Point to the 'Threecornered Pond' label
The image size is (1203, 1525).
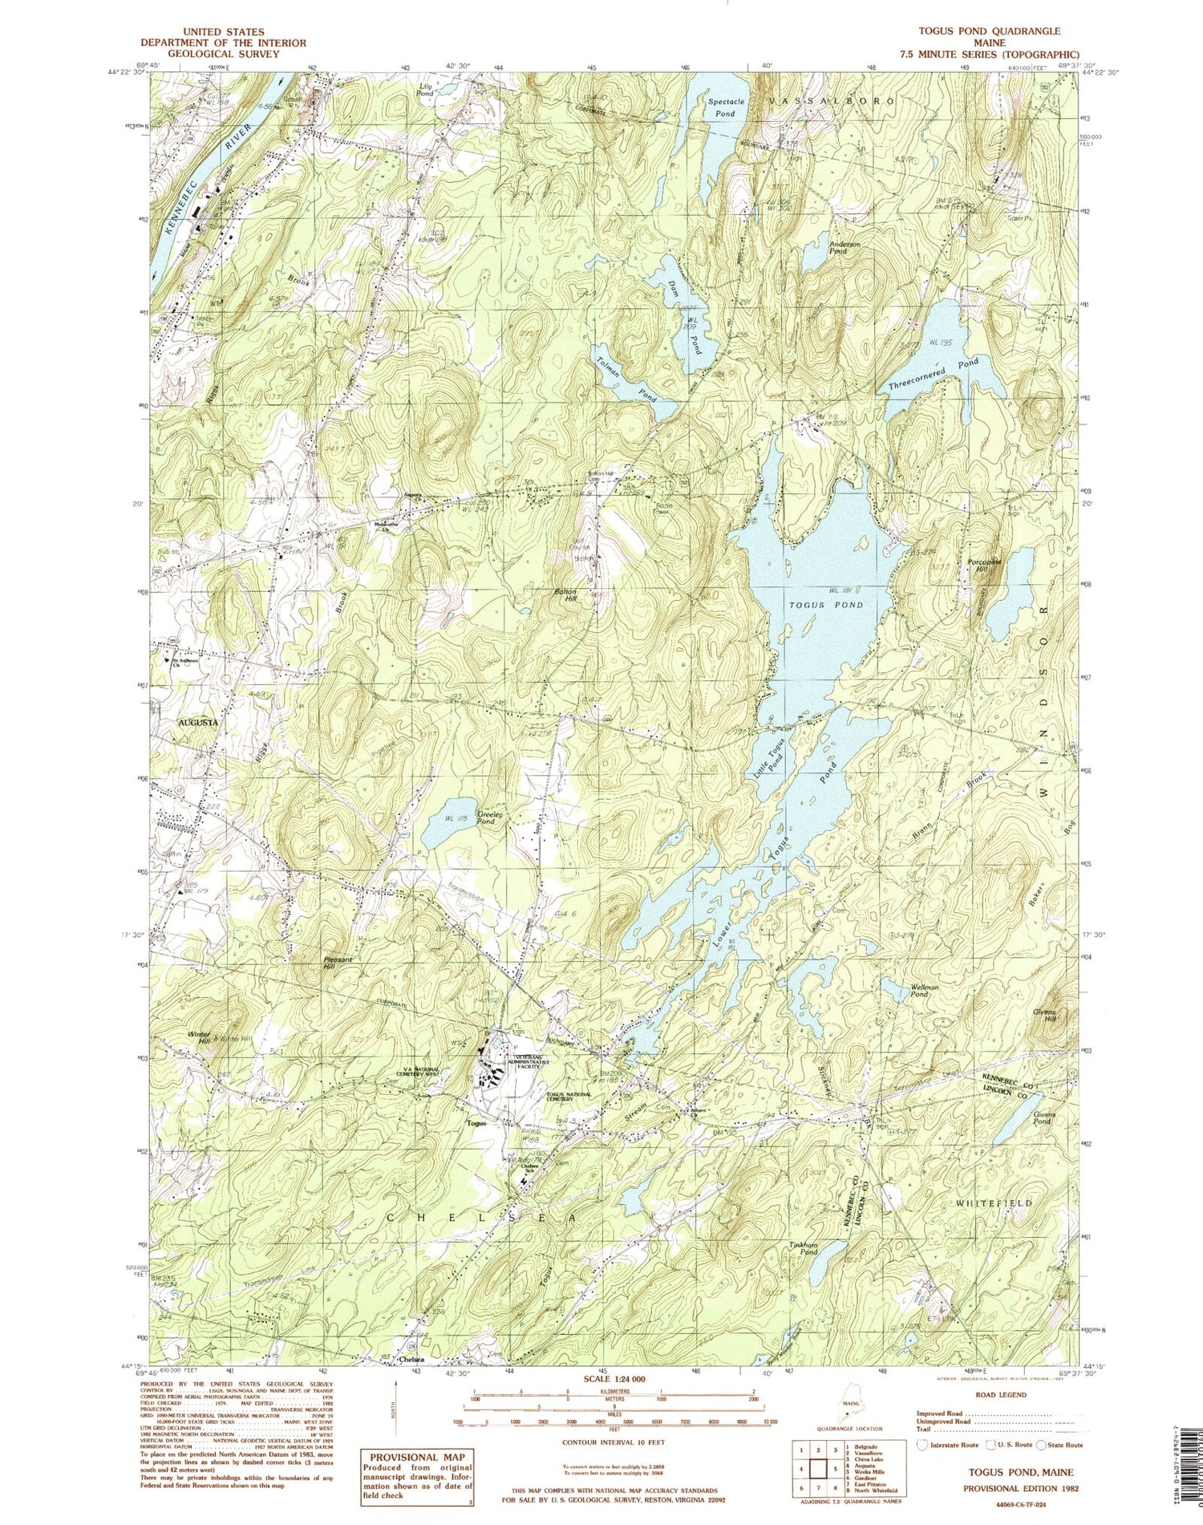(x=934, y=375)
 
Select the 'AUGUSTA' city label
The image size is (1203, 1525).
(x=197, y=722)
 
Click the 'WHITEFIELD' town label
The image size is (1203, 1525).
(x=994, y=1203)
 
